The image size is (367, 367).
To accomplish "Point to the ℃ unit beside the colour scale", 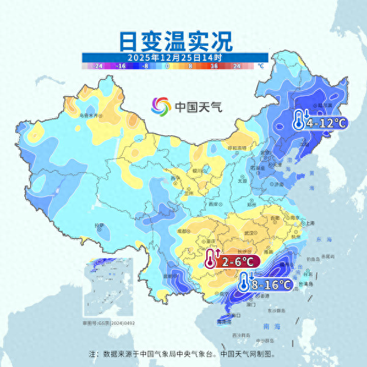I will click(260, 65).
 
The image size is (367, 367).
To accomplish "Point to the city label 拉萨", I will click(99, 226).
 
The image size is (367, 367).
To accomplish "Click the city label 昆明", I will click(161, 276).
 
